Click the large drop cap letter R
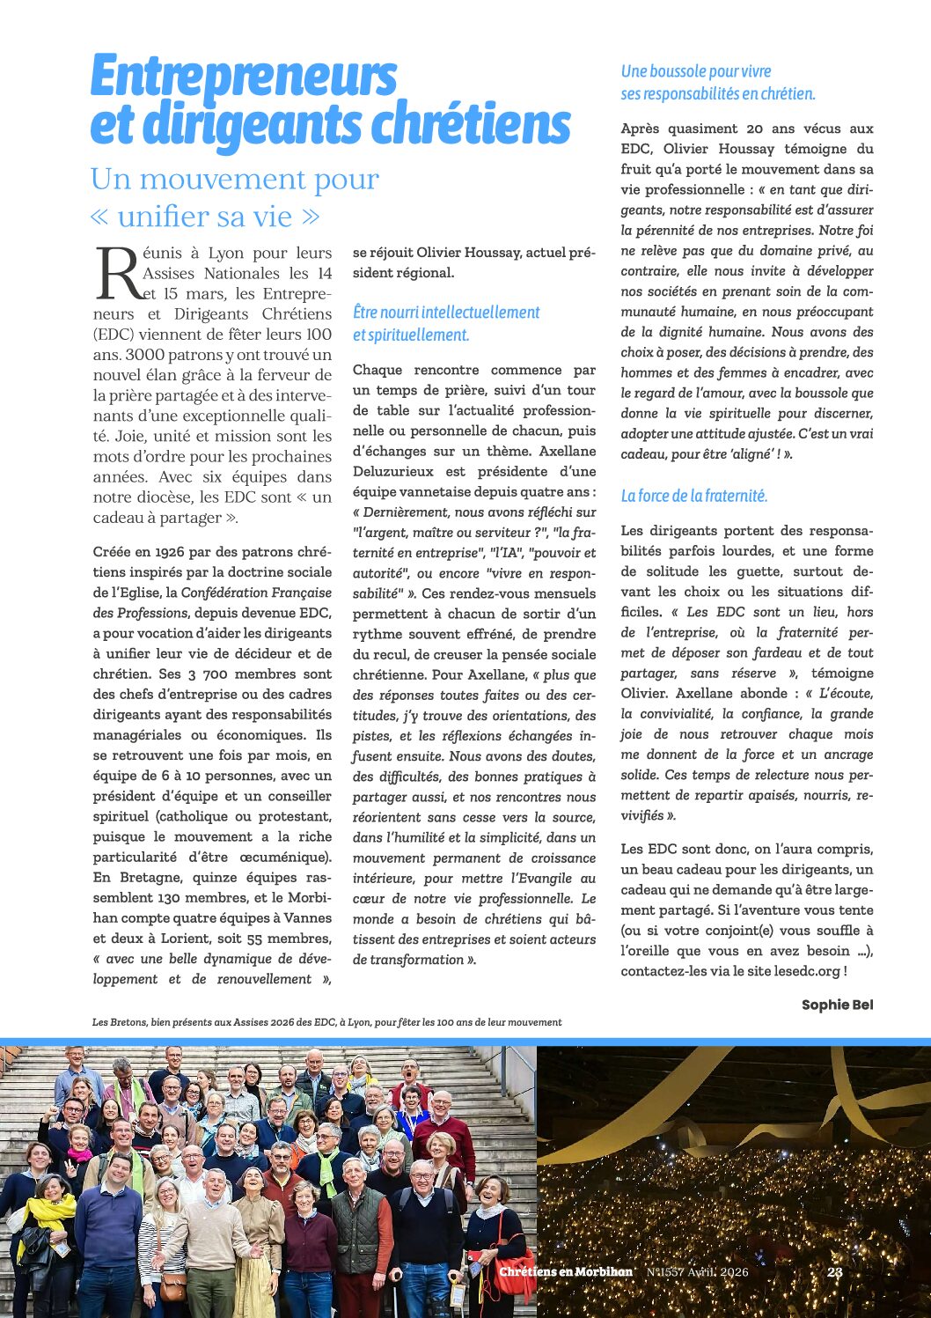pos(118,274)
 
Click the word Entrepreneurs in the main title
pos(244,77)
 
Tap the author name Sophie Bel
pos(837,1005)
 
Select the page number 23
pos(835,1271)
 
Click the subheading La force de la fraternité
pos(693,496)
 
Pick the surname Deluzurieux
pos(395,471)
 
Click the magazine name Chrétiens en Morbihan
pos(566,1271)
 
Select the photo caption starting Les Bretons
pos(326,1022)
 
